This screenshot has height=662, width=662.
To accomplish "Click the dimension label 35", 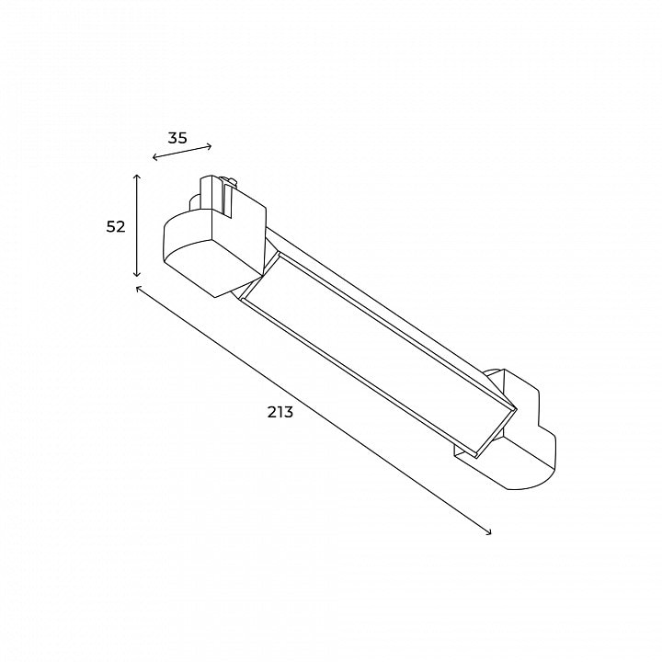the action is coord(177,138).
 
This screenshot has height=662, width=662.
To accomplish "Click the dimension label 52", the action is coord(116,227).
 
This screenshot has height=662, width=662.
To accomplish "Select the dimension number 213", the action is coord(280,412).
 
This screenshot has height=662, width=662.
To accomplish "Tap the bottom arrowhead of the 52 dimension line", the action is coord(136,274).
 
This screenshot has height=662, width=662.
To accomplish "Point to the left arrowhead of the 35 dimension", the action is coord(155,158).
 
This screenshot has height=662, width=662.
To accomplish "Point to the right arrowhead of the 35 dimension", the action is coord(209,146).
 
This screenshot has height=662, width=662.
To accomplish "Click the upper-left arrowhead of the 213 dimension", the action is coord(139,289).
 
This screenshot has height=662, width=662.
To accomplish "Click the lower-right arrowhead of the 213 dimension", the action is coord(488,532).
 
